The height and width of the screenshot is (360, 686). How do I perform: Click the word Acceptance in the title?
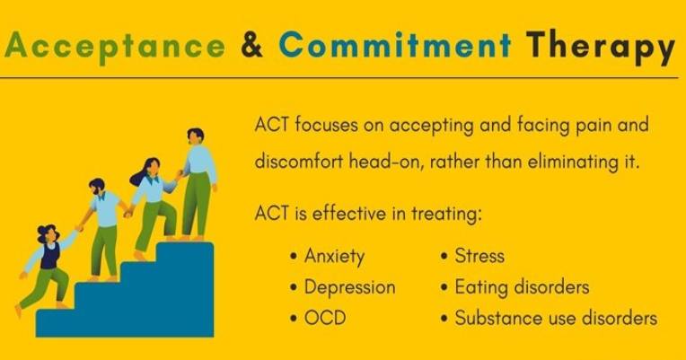115,46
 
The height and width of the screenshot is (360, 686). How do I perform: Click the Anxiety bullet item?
334,256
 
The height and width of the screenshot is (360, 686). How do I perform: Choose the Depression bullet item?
349,287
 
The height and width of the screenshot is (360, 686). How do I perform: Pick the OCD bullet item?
324,318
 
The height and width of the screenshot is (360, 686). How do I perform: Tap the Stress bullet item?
479,256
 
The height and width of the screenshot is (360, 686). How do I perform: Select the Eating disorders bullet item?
522,287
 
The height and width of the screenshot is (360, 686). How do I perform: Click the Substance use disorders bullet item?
556,318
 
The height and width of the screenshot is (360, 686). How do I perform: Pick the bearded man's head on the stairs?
97,189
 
